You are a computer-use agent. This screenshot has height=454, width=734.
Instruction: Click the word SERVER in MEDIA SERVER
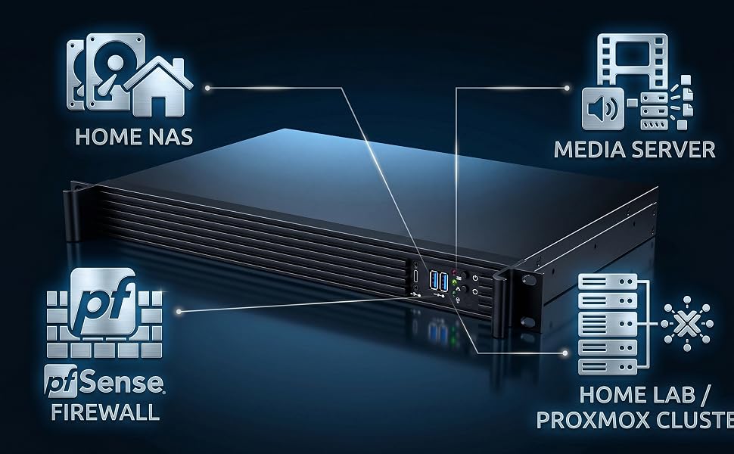(673, 150)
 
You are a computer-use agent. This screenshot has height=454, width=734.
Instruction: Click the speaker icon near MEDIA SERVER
(603, 109)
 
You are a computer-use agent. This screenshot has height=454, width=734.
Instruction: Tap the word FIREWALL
(105, 412)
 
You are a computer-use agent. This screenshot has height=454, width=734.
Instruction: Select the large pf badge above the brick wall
(103, 301)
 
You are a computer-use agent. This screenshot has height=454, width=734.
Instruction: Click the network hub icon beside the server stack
(687, 323)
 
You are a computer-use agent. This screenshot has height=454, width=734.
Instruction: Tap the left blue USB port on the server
(434, 281)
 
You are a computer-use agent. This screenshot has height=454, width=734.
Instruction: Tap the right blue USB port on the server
(443, 282)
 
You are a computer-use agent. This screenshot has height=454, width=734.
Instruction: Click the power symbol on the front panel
(475, 278)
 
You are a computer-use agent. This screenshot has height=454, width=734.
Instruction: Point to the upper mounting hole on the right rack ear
(528, 280)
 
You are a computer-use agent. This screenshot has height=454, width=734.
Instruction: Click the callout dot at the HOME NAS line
(207, 88)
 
